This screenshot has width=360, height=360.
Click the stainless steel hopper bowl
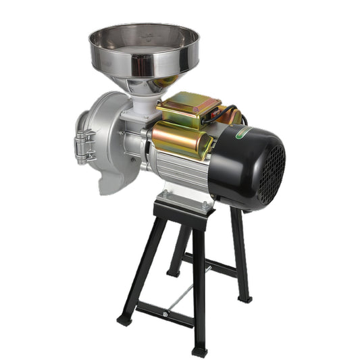144,51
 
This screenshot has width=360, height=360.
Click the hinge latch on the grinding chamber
83,145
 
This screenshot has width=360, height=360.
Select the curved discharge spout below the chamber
111,179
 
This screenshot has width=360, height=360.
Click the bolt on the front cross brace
164,315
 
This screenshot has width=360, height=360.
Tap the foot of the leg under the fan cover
245,297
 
